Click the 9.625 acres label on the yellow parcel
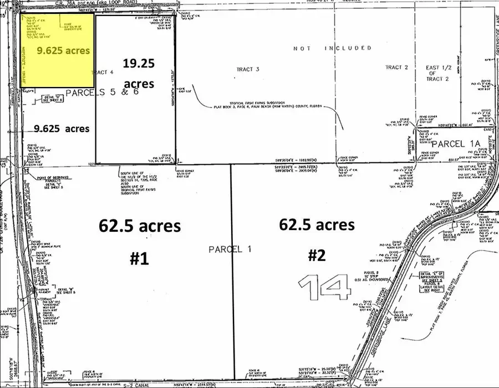click(x=63, y=50)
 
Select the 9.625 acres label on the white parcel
click(x=62, y=128)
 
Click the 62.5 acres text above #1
click(x=140, y=226)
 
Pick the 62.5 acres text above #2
click(x=317, y=224)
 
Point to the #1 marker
click(x=139, y=259)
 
